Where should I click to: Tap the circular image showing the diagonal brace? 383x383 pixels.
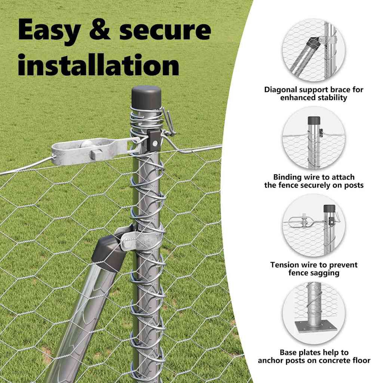313,50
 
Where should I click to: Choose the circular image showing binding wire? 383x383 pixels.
313,138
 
